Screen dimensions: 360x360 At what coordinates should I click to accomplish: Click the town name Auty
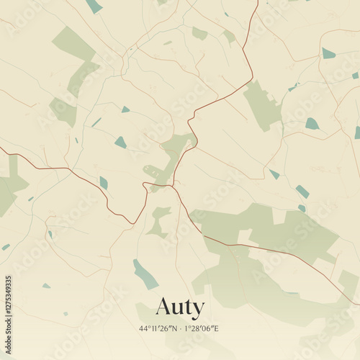click(180, 307)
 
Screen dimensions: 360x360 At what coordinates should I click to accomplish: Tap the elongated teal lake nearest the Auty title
click(145, 274)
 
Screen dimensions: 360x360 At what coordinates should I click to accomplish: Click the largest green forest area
click(274, 230)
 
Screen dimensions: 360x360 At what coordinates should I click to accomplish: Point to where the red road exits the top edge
click(257, 1)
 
